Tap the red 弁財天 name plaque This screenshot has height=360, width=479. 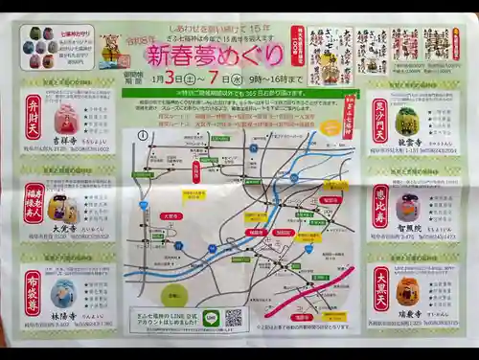coord(34,117)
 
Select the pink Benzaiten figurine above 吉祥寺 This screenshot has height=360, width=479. coord(65,119)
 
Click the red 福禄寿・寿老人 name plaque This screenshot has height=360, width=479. coord(34,202)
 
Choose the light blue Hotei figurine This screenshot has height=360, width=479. coord(63,293)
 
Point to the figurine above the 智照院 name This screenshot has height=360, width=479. coord(408,206)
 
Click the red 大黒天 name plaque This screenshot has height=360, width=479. coord(380,290)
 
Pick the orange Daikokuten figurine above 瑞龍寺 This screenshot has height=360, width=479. coord(408,291)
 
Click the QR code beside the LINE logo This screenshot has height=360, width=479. coord(233,317)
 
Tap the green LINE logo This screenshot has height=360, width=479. coord(212,318)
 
